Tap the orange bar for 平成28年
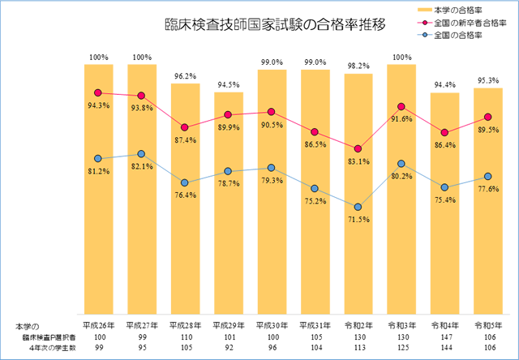(x=185, y=203)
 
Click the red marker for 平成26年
(x=98, y=92)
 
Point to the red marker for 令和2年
(x=358, y=148)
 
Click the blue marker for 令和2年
(x=358, y=206)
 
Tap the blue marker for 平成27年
(x=141, y=154)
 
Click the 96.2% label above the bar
(x=185, y=75)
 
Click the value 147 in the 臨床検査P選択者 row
(x=445, y=335)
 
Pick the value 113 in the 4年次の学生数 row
(x=358, y=347)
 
